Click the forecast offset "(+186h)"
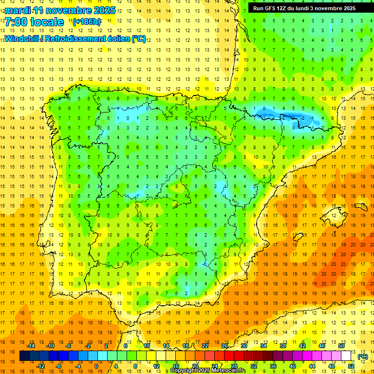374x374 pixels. (87, 22)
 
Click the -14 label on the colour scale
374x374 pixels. (31, 346)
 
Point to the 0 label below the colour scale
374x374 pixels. (97, 366)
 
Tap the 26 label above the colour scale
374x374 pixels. (224, 346)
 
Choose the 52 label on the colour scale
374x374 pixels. (351, 366)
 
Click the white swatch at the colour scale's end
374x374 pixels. (346, 356)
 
